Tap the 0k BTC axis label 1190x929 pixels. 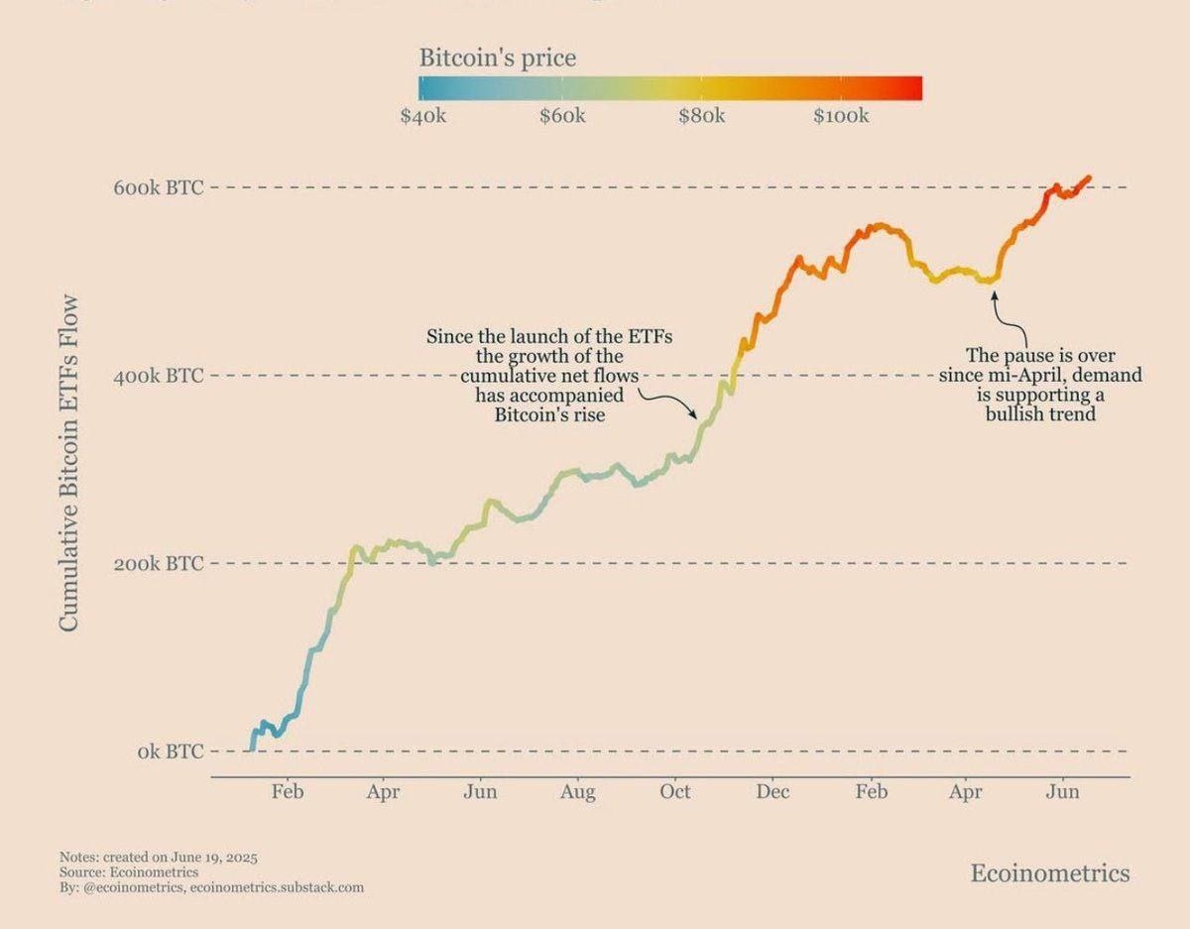(x=171, y=752)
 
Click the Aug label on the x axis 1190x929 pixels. (x=577, y=792)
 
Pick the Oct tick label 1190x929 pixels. (x=675, y=792)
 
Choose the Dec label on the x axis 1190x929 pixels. (x=773, y=792)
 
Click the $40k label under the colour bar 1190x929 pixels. (x=423, y=116)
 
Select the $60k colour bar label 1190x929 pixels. (x=562, y=116)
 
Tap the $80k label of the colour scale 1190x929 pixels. (x=702, y=116)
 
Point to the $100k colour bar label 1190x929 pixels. (x=841, y=116)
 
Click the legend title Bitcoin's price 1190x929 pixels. (x=497, y=58)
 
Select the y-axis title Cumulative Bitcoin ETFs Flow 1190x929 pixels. (x=69, y=463)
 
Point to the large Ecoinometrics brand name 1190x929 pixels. (x=1049, y=872)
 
